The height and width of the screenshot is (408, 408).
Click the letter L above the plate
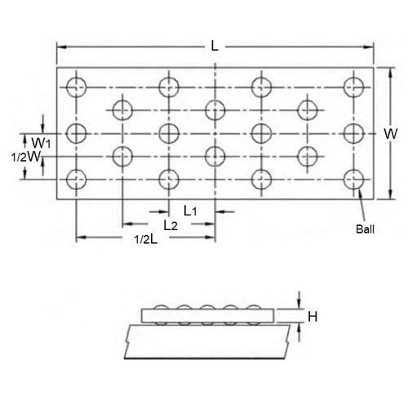214,47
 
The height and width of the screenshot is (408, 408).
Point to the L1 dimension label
189,210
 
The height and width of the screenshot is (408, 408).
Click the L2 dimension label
171,223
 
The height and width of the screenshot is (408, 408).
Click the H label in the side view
311,311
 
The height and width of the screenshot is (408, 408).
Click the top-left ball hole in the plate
77,85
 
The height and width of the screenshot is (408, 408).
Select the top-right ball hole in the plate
353,85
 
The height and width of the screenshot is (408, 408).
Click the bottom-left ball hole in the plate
77,178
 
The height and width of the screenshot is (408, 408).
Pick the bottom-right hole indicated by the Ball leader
353,178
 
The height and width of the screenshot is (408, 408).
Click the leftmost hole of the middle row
77,131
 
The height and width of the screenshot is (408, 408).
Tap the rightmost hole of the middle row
353,131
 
